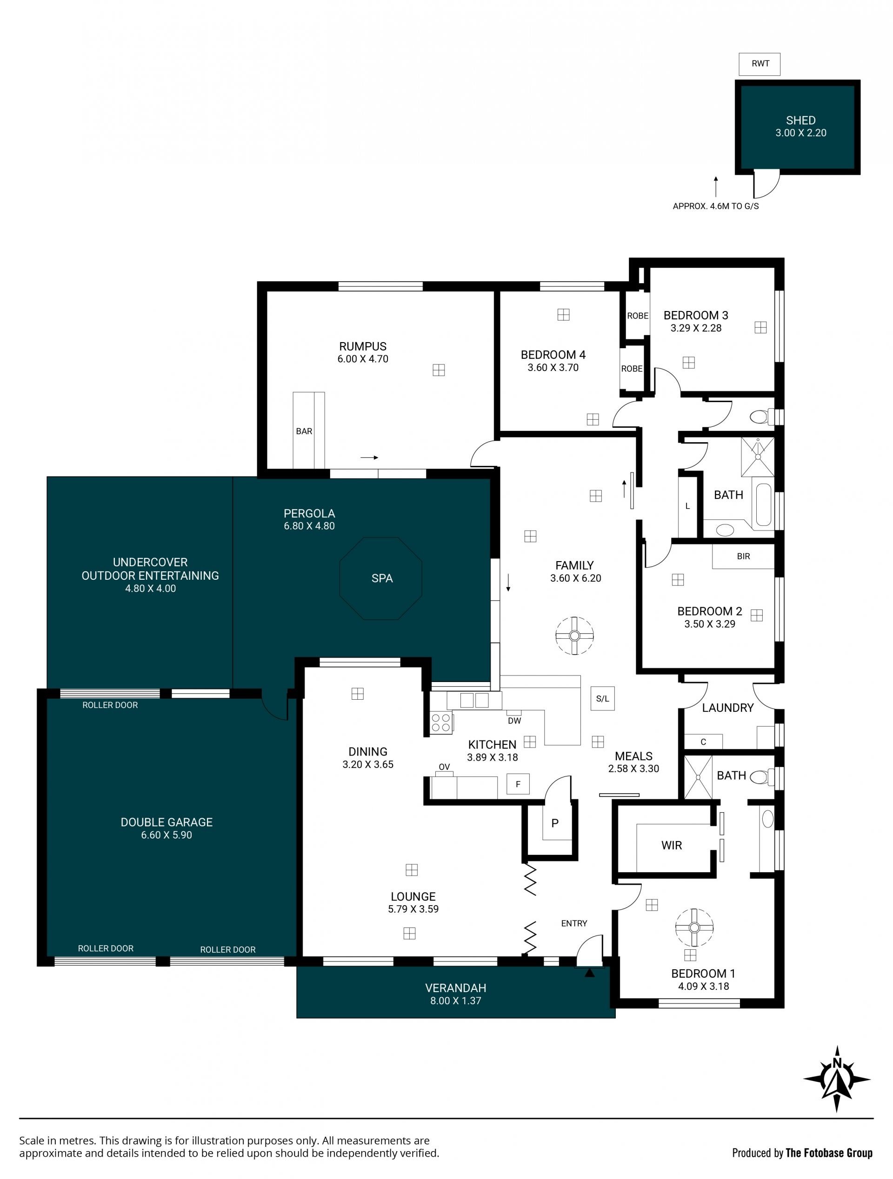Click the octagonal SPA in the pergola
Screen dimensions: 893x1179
[380, 578]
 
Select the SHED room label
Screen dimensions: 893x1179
[800, 120]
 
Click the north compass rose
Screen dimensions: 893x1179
[836, 1080]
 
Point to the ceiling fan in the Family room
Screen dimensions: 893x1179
[574, 636]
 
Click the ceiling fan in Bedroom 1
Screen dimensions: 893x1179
[694, 928]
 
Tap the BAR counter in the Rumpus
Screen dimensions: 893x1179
[309, 430]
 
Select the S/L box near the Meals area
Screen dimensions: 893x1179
[602, 698]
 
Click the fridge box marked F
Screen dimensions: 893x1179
[518, 784]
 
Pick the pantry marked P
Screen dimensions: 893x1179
[555, 823]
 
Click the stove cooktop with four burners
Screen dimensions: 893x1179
[441, 723]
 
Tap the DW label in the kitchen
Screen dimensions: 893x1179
[514, 721]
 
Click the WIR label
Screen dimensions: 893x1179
[671, 845]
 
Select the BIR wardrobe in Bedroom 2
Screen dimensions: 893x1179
[743, 556]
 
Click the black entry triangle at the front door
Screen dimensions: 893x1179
[589, 973]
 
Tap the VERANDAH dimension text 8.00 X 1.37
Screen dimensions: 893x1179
[456, 1000]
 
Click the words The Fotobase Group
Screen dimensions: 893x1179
[829, 1153]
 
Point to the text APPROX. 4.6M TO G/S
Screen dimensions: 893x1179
[715, 206]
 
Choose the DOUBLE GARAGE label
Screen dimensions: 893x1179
[167, 822]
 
